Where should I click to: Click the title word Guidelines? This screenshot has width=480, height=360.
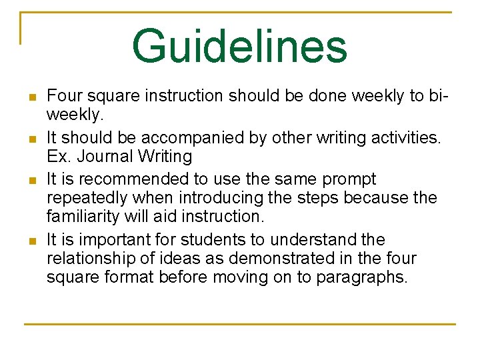tap(239, 47)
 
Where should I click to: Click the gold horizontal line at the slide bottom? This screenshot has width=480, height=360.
tap(239, 325)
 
